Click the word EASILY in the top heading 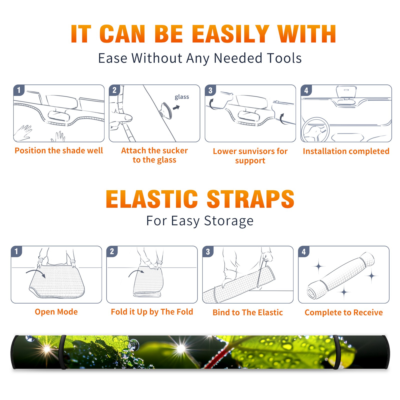pos(230,34)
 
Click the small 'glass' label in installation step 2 pos(182,97)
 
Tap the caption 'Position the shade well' pos(59,150)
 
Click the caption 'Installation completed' pos(346,151)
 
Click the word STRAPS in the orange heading pos(250,199)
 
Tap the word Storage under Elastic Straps pos(229,221)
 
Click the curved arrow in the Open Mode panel pos(36,273)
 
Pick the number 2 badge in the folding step pos(112,251)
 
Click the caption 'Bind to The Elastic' pos(247,312)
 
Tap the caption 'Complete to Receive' pos(344,312)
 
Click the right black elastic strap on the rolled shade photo pos(337,352)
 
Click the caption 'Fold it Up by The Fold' pos(152,312)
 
